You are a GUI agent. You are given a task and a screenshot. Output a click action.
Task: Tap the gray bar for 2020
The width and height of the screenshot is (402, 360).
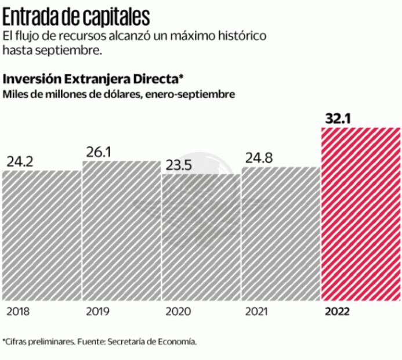200,237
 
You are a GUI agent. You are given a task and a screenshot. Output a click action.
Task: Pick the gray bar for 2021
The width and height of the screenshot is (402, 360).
280,233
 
